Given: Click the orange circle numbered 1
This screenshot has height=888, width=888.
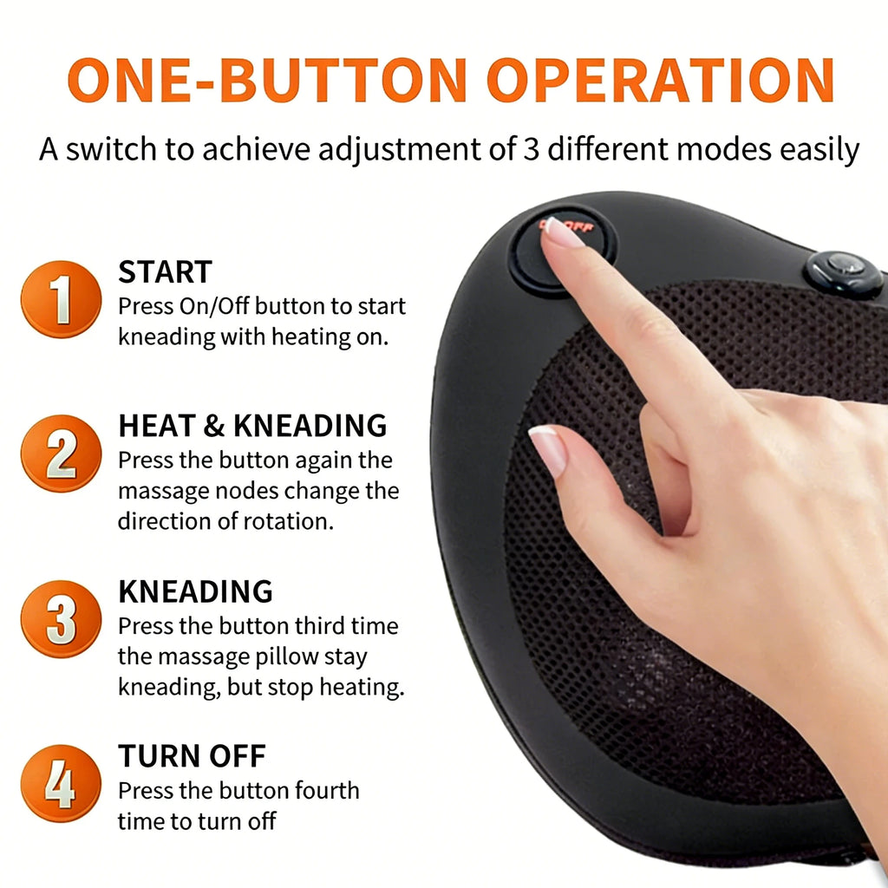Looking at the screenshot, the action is [62, 299].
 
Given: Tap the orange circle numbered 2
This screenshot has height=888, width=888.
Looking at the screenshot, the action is [62, 453].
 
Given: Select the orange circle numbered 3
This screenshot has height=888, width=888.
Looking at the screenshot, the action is [62, 619].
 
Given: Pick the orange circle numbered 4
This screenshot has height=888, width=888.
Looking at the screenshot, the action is [62, 784].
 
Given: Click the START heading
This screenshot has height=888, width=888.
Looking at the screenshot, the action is [165, 271].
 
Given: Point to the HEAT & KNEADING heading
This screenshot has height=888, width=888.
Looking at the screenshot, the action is [252, 426].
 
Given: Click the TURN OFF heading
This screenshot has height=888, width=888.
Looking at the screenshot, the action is [192, 755].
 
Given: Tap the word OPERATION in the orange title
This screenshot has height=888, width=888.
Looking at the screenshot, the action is [660, 80].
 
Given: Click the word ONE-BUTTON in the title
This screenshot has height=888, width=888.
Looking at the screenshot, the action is [267, 80].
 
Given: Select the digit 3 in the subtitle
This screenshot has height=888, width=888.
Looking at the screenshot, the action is [531, 149].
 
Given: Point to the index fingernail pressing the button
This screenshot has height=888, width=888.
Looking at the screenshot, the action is [561, 232].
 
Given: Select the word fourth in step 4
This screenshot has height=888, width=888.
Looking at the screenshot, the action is [327, 791].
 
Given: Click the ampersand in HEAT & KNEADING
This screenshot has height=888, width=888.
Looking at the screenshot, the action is [214, 426].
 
